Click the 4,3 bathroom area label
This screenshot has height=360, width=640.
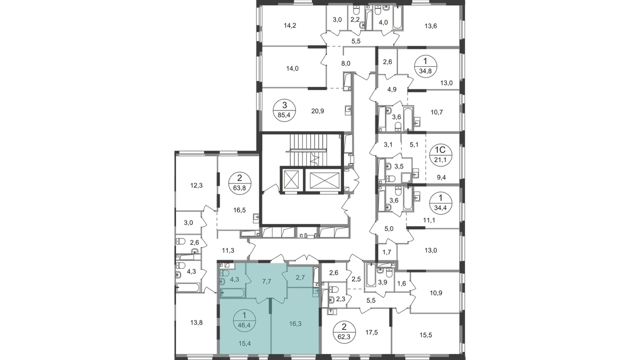pos(234,277)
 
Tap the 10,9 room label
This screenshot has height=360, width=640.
pos(436,292)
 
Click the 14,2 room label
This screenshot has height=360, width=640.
pos(290,24)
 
